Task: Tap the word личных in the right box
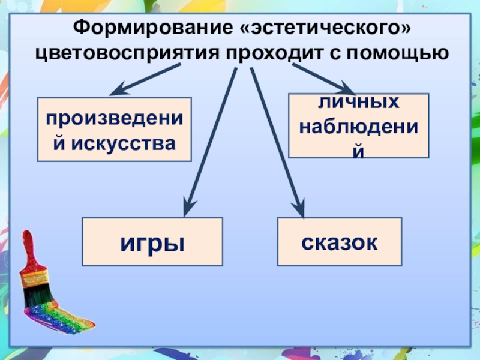[x=359, y=102]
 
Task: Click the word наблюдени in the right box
[x=359, y=127]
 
